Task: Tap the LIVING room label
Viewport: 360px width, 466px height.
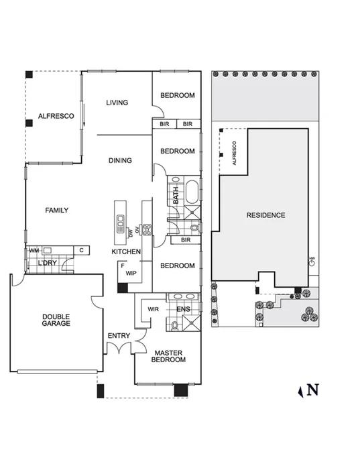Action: tap(117, 103)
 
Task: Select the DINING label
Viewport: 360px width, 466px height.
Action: tap(120, 161)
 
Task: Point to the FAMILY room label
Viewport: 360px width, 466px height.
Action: tap(57, 211)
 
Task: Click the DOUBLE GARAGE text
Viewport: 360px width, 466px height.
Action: tap(56, 320)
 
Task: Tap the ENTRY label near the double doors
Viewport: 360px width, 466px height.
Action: tap(118, 336)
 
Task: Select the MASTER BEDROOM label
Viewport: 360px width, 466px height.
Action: tap(169, 356)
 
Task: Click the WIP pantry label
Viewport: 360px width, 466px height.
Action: tap(131, 273)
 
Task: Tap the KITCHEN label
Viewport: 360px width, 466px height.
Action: tap(126, 251)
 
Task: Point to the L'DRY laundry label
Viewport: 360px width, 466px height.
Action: tap(47, 263)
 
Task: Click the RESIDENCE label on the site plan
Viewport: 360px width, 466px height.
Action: tap(265, 215)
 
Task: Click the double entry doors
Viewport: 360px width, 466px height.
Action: tap(121, 349)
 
